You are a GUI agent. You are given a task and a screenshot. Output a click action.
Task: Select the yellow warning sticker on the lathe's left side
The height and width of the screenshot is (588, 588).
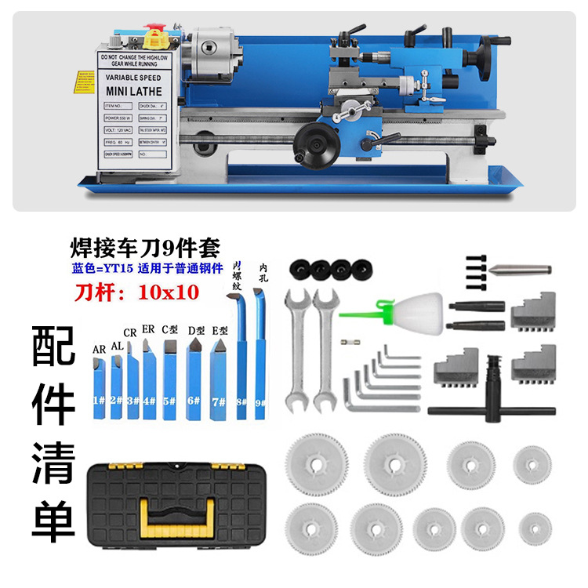(83, 82)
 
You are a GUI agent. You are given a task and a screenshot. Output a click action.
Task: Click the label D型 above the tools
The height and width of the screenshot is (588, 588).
(195, 331)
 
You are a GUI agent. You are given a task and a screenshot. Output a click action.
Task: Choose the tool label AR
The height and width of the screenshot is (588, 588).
(99, 348)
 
